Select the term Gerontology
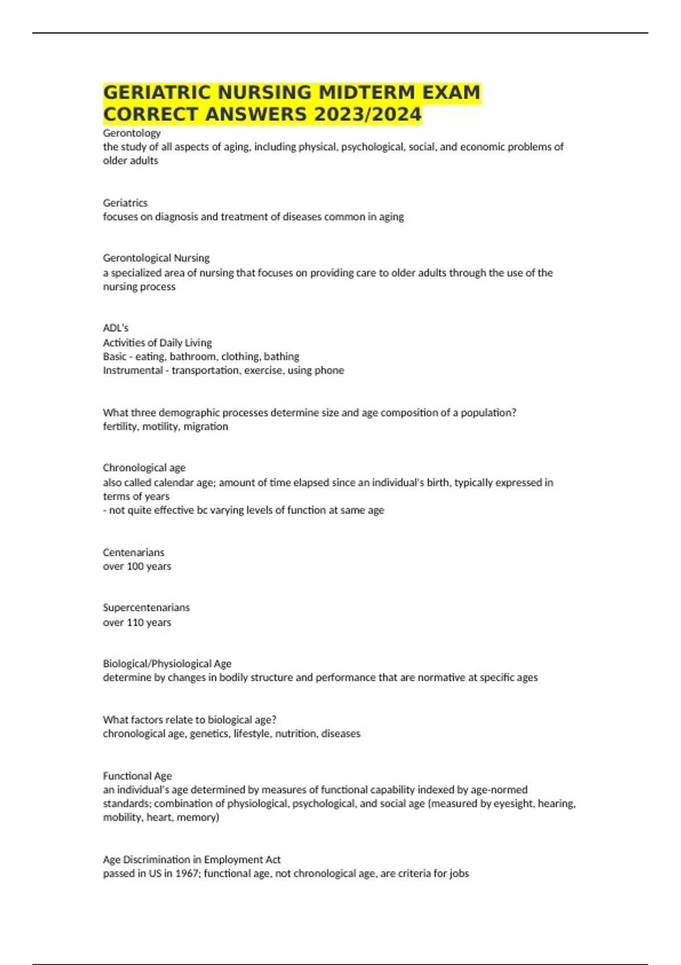[132, 133]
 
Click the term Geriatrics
[125, 203]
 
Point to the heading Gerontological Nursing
[156, 258]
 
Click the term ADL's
[116, 328]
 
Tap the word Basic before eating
[115, 356]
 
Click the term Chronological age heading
[144, 468]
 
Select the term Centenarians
[133, 552]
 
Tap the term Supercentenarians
[146, 607]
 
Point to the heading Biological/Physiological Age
[167, 664]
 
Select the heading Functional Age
[137, 775]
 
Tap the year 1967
[186, 874]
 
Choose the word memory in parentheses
[197, 817]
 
